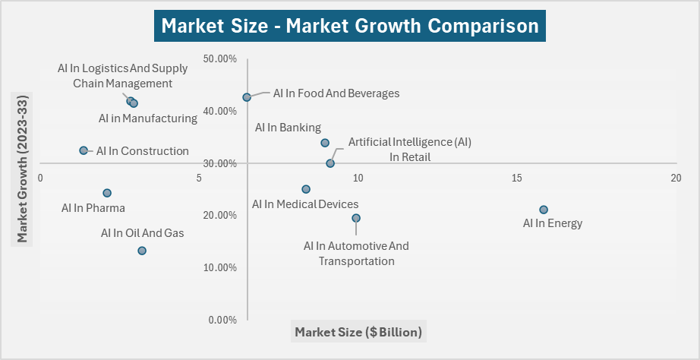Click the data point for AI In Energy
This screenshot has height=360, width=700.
click(543, 210)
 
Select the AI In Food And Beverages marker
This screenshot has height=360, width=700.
click(247, 97)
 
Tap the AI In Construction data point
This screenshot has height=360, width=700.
click(84, 150)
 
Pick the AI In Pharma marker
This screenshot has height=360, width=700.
click(107, 193)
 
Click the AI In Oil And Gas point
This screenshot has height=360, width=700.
click(142, 251)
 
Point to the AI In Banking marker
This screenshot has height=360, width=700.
click(325, 143)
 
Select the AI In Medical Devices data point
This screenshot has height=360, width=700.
click(306, 189)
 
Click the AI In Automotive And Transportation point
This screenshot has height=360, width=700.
click(356, 218)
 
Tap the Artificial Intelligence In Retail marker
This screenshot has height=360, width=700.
click(330, 163)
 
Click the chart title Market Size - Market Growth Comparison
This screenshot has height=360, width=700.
click(350, 26)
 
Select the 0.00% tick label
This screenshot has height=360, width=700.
click(222, 320)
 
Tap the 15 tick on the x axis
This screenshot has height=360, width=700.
click(517, 178)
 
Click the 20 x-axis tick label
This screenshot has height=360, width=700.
click(676, 178)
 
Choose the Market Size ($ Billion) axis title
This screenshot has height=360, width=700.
click(358, 332)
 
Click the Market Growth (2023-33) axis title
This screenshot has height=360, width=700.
click(23, 169)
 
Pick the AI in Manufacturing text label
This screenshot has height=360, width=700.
click(148, 118)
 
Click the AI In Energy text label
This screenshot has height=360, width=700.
click(553, 223)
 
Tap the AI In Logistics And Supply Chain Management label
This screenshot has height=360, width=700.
click(122, 76)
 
